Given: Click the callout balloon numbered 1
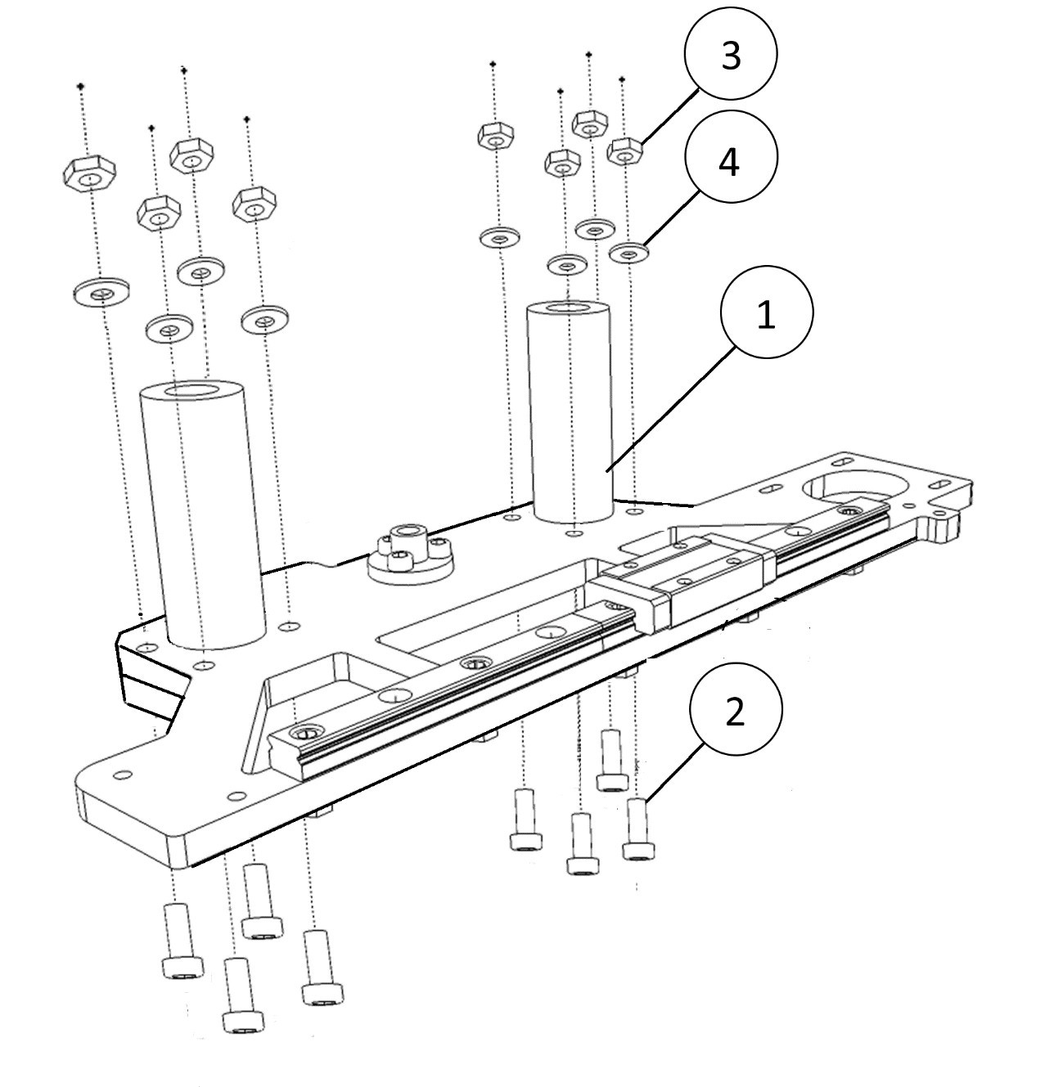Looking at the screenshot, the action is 767,312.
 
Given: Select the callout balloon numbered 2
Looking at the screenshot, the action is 736,709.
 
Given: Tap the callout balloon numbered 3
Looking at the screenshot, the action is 731,54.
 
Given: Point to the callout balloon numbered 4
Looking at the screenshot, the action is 731,156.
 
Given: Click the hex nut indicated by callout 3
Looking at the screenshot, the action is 625,151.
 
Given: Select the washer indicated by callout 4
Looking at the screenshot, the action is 628,253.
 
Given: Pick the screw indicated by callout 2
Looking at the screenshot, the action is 638,829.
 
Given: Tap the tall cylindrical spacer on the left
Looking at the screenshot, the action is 203,515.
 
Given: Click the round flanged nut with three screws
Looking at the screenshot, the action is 411,556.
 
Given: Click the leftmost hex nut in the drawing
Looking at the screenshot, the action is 89,173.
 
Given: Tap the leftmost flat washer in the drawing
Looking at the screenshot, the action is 101,291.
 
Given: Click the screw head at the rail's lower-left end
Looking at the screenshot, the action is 306,733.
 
